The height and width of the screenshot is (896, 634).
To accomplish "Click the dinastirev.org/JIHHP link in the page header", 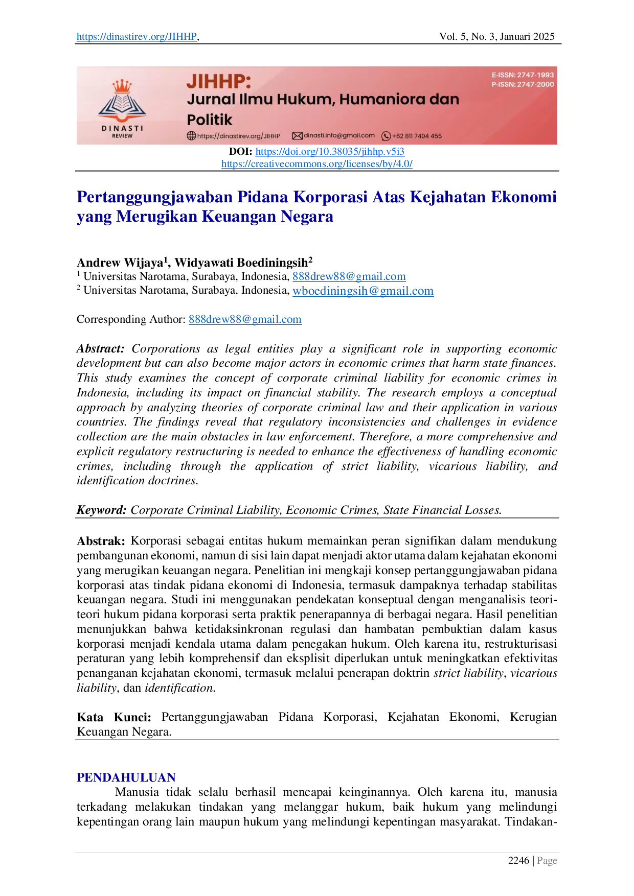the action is [x=137, y=37].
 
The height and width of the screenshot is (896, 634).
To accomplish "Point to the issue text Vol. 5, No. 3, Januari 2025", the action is [x=497, y=37].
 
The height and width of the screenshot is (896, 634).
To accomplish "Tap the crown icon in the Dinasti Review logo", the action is [x=122, y=86].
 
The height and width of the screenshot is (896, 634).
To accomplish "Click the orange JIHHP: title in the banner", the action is [x=219, y=81].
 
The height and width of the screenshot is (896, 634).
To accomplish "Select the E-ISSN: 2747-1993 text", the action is [x=523, y=75].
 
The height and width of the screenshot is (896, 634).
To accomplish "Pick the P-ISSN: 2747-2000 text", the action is [x=523, y=84].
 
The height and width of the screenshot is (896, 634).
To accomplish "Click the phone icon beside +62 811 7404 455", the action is [x=387, y=136].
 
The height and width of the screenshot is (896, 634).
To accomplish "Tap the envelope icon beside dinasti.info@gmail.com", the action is [x=297, y=136].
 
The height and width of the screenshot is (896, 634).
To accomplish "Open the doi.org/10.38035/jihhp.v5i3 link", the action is [x=330, y=152].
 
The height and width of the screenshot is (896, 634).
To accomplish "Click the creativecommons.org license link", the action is [x=317, y=164].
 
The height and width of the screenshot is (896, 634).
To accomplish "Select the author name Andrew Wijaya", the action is [x=120, y=263].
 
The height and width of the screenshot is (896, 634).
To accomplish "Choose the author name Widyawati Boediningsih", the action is [x=241, y=263].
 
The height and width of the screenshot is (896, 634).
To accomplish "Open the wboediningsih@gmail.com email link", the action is [x=363, y=291].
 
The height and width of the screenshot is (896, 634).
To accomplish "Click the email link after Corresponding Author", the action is [x=245, y=319].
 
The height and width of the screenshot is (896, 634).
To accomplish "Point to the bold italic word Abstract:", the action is [x=101, y=348].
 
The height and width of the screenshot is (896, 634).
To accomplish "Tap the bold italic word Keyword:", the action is [x=101, y=510].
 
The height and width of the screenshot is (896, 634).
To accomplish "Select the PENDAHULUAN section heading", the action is [x=126, y=777].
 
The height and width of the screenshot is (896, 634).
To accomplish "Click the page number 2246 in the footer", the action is [x=518, y=861].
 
